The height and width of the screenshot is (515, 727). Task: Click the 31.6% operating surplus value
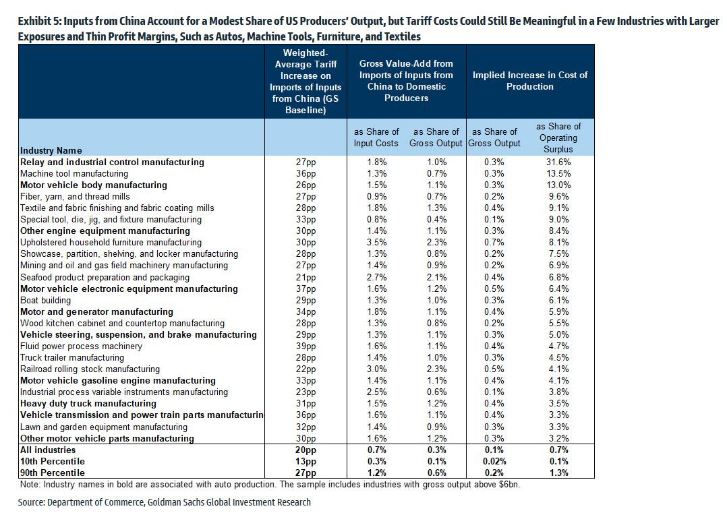coord(558,162)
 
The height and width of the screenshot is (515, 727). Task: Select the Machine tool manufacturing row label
coord(74,174)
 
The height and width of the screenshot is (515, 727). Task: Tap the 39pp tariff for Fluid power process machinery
coord(306,346)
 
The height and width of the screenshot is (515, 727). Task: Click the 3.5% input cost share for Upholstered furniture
coord(376,243)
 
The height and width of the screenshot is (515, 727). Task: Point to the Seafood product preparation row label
coord(105,278)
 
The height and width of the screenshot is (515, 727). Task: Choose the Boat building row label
coord(45,301)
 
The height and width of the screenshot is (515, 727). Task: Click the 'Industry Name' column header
coord(51,150)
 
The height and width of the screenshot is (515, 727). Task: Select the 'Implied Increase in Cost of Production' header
coord(530,81)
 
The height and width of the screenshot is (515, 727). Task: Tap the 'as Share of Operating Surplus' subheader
coord(558,138)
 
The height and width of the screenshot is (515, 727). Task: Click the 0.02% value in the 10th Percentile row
coord(494,462)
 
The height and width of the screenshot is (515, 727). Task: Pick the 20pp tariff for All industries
coord(306,450)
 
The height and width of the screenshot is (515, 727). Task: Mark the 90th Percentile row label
coord(53,473)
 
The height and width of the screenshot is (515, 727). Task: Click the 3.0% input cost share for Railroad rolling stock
coord(376,369)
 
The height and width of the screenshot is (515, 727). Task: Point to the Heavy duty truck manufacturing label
coord(88,404)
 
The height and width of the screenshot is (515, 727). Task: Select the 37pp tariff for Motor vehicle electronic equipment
coord(306,289)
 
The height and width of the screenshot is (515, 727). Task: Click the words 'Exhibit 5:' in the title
coord(39,22)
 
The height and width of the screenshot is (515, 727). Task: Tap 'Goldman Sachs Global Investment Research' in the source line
coord(229,502)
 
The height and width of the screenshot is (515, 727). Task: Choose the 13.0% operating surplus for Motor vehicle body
coord(558,185)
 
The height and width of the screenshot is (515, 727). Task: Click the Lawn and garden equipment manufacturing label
coord(104,427)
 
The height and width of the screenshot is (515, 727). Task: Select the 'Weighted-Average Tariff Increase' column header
coord(306,81)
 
